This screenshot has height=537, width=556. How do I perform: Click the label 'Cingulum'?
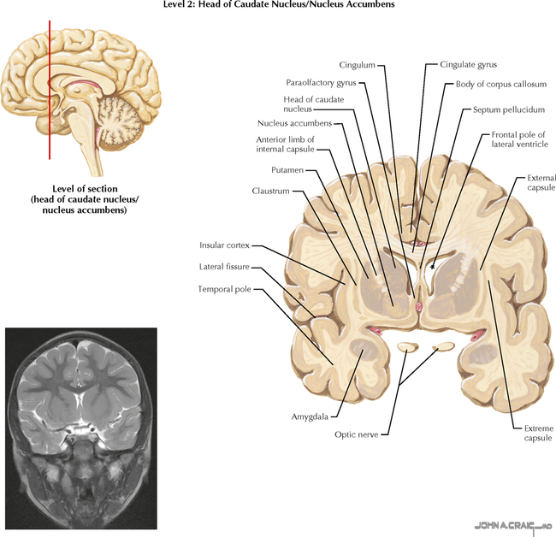[357, 64]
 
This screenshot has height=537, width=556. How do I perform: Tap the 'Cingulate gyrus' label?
[468, 64]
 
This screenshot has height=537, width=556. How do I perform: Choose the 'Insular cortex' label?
[224, 244]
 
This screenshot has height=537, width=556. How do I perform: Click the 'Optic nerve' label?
[358, 434]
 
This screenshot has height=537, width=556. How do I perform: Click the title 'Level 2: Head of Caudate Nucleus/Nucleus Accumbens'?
[278, 6]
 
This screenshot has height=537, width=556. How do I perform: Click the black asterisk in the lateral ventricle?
[433, 267]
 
